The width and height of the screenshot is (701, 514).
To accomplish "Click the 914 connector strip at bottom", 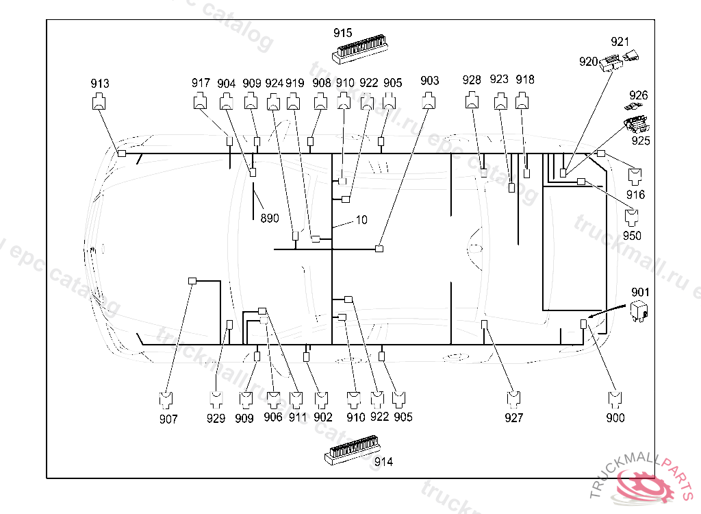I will pyautogui.click(x=352, y=451).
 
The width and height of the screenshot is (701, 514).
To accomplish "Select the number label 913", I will pyautogui.click(x=100, y=84).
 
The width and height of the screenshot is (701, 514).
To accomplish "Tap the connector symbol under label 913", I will pyautogui.click(x=100, y=103).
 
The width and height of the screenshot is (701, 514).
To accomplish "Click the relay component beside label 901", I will pyautogui.click(x=639, y=310).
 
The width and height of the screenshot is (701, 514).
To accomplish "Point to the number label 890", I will pyautogui.click(x=270, y=219).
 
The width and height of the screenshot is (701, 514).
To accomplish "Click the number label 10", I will pyautogui.click(x=361, y=220).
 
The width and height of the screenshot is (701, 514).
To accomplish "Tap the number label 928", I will pyautogui.click(x=472, y=80).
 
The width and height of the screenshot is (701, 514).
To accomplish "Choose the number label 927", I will pyautogui.click(x=513, y=417).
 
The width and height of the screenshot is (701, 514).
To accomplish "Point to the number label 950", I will pyautogui.click(x=632, y=236).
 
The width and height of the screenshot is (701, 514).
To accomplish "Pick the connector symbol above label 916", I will pyautogui.click(x=635, y=175).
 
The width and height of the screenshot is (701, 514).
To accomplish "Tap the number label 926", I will pyautogui.click(x=639, y=96).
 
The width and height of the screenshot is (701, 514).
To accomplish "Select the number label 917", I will pyautogui.click(x=201, y=84).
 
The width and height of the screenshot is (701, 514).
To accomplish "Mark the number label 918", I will pyautogui.click(x=525, y=79).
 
